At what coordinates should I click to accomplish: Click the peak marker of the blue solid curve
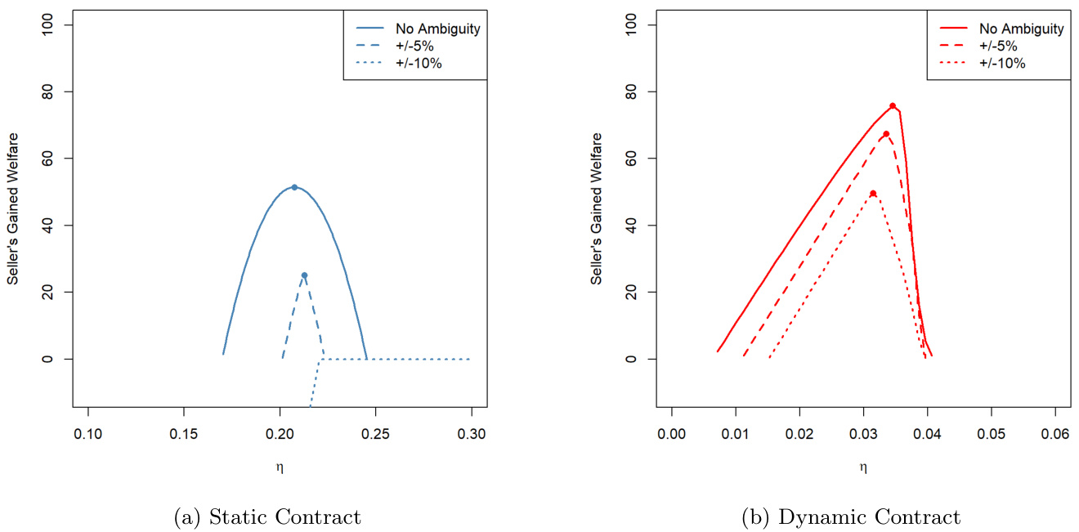click(294, 187)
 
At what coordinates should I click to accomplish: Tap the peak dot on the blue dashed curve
click(304, 275)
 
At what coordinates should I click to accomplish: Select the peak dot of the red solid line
click(893, 105)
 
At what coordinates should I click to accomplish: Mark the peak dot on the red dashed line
click(886, 134)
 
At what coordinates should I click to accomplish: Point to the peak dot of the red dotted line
click(873, 194)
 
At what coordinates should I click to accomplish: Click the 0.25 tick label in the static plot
click(375, 434)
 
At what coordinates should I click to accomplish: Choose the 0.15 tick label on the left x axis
click(184, 434)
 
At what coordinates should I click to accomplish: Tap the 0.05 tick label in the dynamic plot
click(991, 434)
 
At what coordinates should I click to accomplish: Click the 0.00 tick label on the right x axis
click(671, 434)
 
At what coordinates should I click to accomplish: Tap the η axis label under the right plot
click(863, 467)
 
